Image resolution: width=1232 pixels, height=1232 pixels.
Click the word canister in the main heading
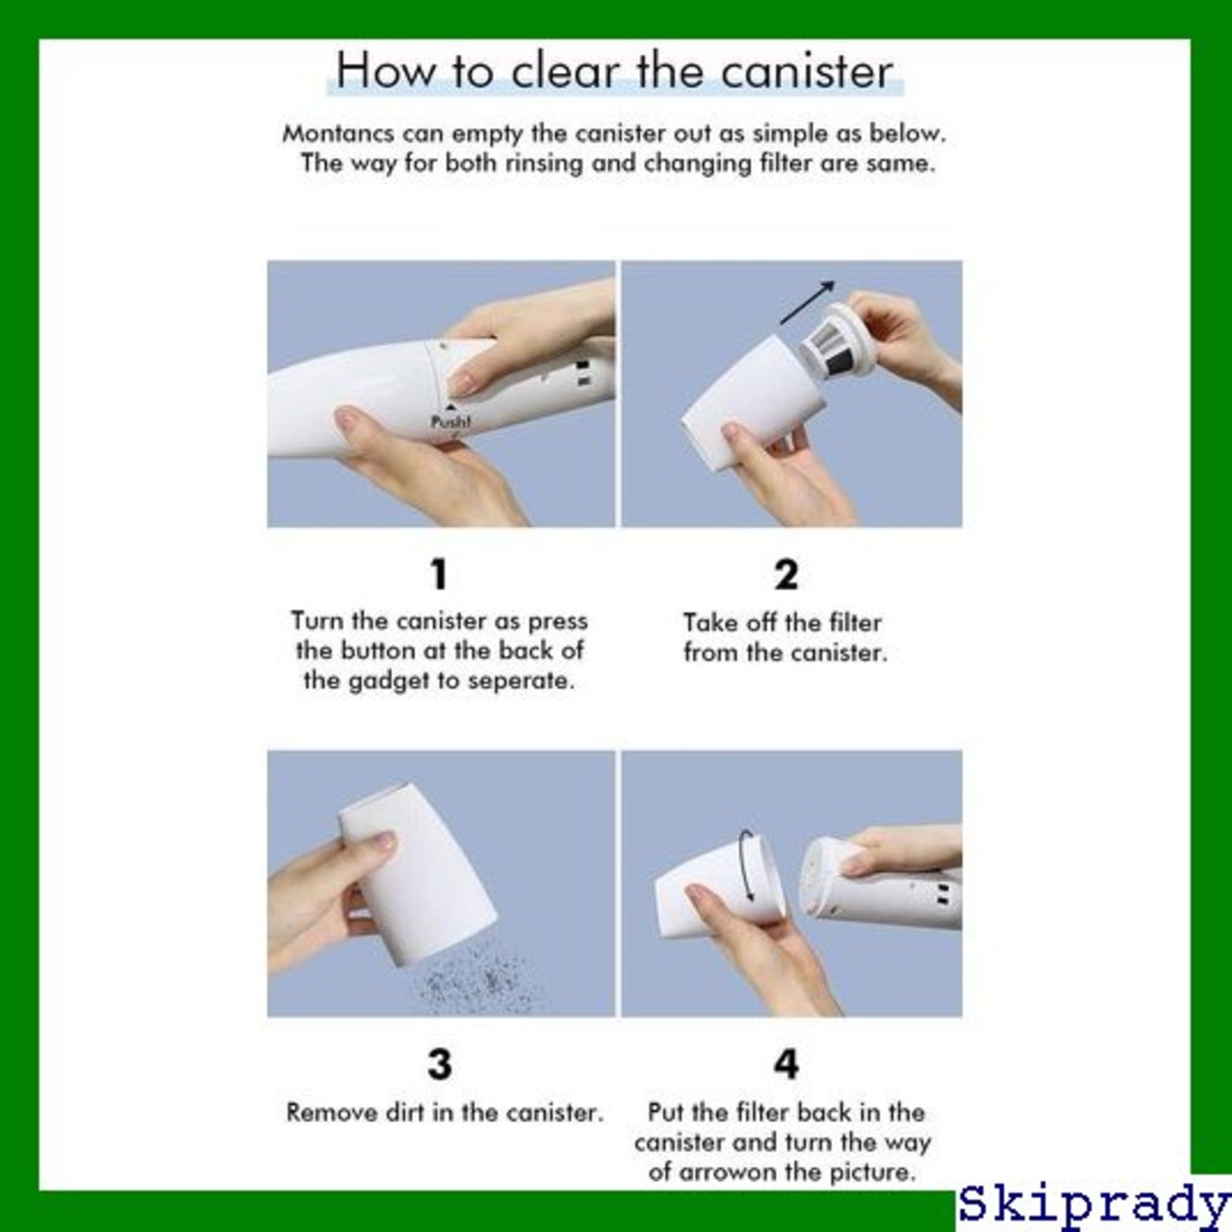click(807, 71)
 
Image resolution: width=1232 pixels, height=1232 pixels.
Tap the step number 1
click(439, 574)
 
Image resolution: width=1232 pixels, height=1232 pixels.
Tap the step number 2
click(786, 574)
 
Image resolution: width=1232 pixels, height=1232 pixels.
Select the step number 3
click(440, 1065)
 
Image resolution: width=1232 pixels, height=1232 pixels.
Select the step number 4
click(786, 1065)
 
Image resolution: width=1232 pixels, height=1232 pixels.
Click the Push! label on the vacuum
click(450, 422)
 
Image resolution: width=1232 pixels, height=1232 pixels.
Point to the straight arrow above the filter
click(807, 302)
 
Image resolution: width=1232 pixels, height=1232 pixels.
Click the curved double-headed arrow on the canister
click(746, 865)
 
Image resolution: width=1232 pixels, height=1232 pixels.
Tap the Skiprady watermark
click(1094, 1205)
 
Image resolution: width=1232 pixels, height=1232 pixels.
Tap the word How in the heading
click(384, 71)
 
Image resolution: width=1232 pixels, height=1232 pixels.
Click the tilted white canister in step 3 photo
click(418, 874)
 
